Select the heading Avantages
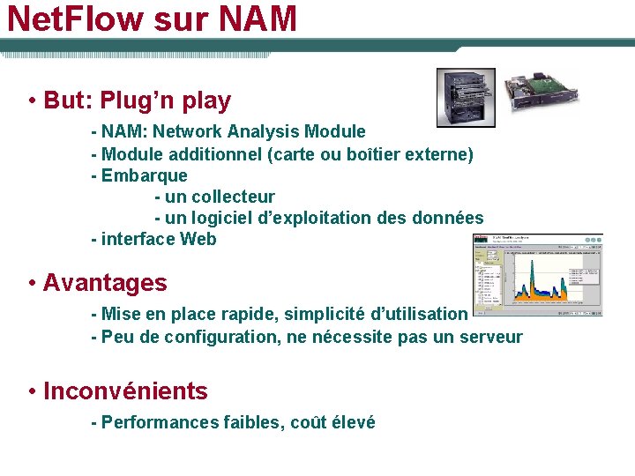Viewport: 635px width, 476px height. point(104,283)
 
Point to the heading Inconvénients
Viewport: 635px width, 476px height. point(125,391)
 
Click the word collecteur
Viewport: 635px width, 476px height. point(233,197)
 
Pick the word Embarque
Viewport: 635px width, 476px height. point(145,175)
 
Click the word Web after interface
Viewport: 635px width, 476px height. point(198,239)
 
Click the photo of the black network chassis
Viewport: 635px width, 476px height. point(466,97)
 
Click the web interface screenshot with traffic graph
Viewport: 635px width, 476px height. point(538,274)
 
